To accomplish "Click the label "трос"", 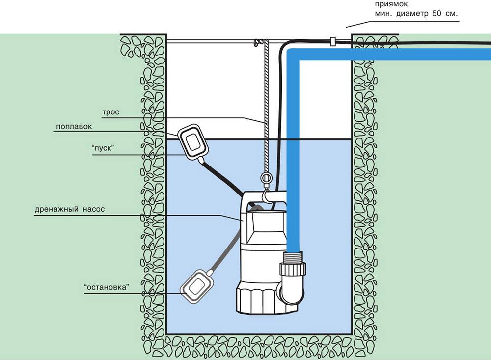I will point(111,112).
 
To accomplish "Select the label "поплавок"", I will point(74,126).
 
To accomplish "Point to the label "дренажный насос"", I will point(70,209).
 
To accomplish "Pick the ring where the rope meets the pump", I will point(266,178).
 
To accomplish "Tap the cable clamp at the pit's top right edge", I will point(332,42).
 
